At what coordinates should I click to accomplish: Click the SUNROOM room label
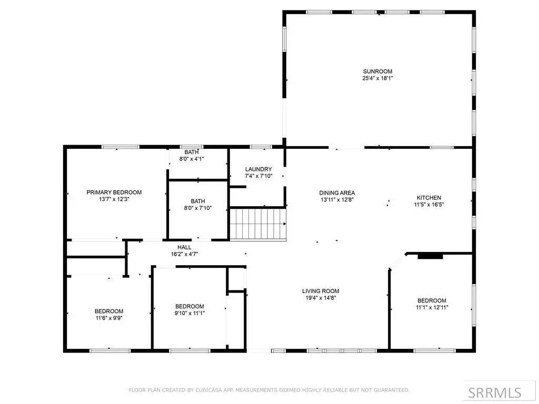pyautogui.click(x=377, y=72)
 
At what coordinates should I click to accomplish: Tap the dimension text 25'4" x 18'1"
pyautogui.click(x=377, y=78)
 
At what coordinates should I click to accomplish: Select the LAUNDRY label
pyautogui.click(x=258, y=169)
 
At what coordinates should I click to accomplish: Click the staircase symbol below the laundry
pyautogui.click(x=258, y=224)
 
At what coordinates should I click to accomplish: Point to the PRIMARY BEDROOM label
pyautogui.click(x=114, y=193)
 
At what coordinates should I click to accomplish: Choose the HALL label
pyautogui.click(x=185, y=247)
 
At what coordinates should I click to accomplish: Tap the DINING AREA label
pyautogui.click(x=337, y=193)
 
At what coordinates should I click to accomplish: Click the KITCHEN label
pyautogui.click(x=428, y=198)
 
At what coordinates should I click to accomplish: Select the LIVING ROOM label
pyautogui.click(x=321, y=291)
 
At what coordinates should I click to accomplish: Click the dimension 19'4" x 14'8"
pyautogui.click(x=321, y=298)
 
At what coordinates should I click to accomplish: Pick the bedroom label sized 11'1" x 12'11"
pyautogui.click(x=432, y=300)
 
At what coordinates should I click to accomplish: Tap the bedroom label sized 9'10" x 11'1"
pyautogui.click(x=189, y=307)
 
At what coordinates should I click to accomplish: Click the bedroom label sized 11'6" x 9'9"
pyautogui.click(x=109, y=311)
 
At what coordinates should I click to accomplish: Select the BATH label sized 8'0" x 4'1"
pyautogui.click(x=192, y=152)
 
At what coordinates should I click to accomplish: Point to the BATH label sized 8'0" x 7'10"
pyautogui.click(x=198, y=201)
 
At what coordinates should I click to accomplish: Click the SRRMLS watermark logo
pyautogui.click(x=495, y=392)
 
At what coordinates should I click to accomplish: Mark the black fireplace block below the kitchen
pyautogui.click(x=430, y=256)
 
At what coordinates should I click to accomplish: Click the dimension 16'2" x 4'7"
pyautogui.click(x=185, y=254)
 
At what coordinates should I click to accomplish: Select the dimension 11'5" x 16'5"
pyautogui.click(x=428, y=205)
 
